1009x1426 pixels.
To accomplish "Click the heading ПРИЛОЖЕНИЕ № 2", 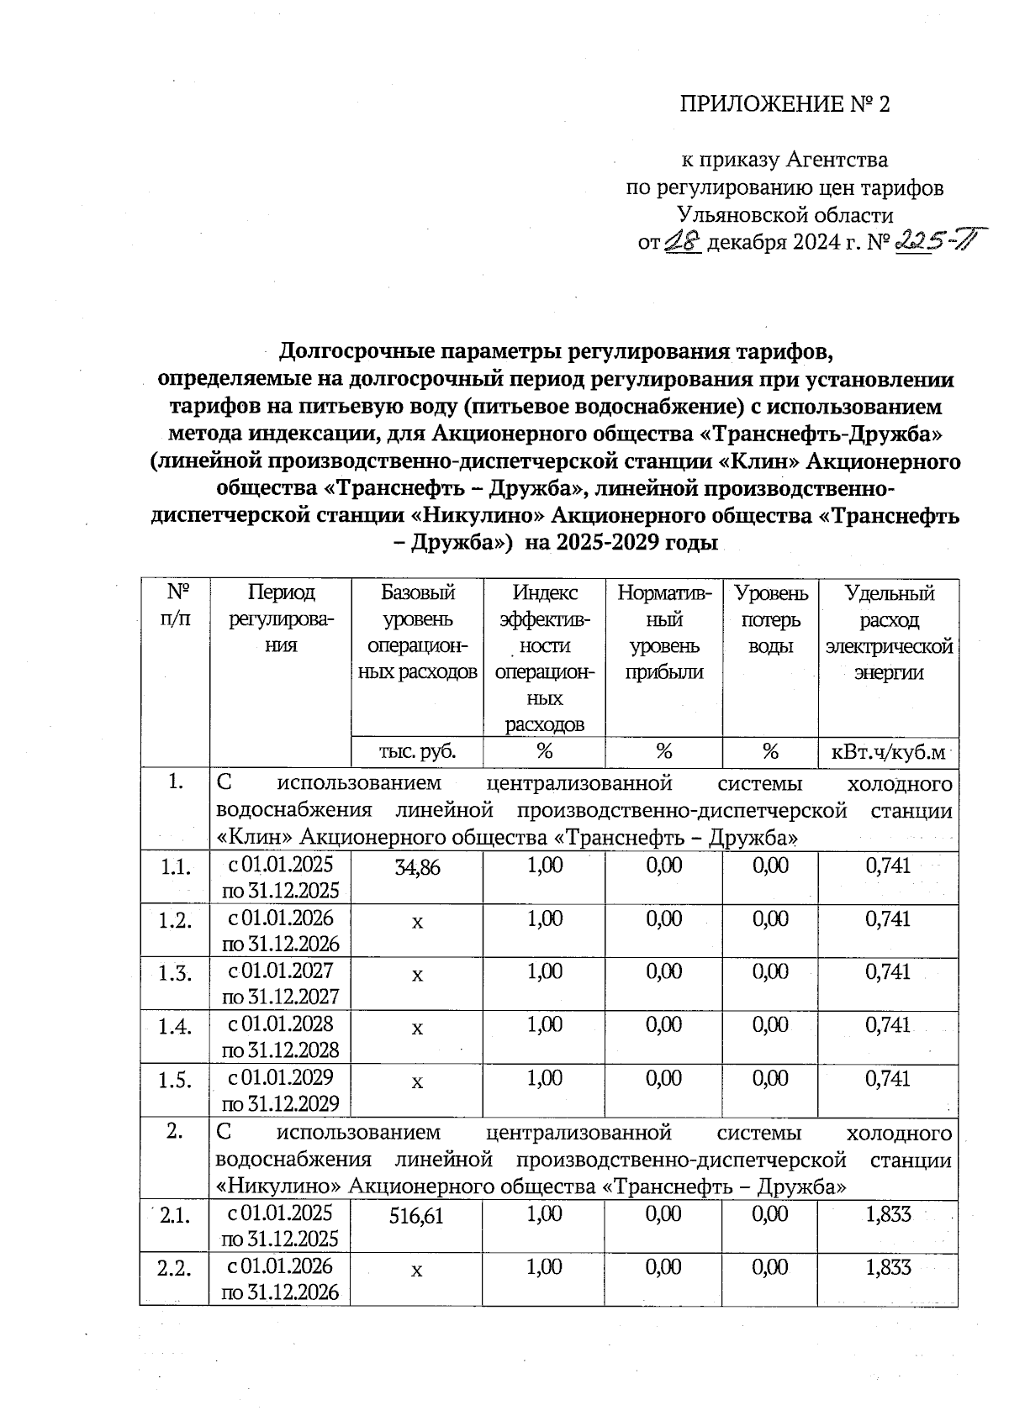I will [x=784, y=104].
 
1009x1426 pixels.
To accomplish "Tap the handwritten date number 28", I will [x=682, y=242].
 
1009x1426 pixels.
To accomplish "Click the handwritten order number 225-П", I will [x=927, y=243].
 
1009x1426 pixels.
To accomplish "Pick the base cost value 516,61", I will [x=417, y=1214].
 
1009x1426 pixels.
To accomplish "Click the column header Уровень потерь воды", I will [x=771, y=619].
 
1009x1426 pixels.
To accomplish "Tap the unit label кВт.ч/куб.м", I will [x=888, y=751].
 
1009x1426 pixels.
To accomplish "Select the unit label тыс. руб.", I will [x=417, y=751].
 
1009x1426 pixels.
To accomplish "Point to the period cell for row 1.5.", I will [x=280, y=1090].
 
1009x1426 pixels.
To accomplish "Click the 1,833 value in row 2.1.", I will [x=888, y=1214].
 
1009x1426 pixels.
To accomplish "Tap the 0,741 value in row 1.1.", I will [x=888, y=866].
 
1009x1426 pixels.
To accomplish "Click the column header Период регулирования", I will [x=280, y=619].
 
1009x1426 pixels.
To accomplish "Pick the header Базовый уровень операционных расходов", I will [x=417, y=632].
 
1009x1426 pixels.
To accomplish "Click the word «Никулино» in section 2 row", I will [x=277, y=1187].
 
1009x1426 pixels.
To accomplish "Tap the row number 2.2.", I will [x=175, y=1268].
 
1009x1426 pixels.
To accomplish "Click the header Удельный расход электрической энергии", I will [x=888, y=632].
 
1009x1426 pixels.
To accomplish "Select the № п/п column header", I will [x=175, y=606].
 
